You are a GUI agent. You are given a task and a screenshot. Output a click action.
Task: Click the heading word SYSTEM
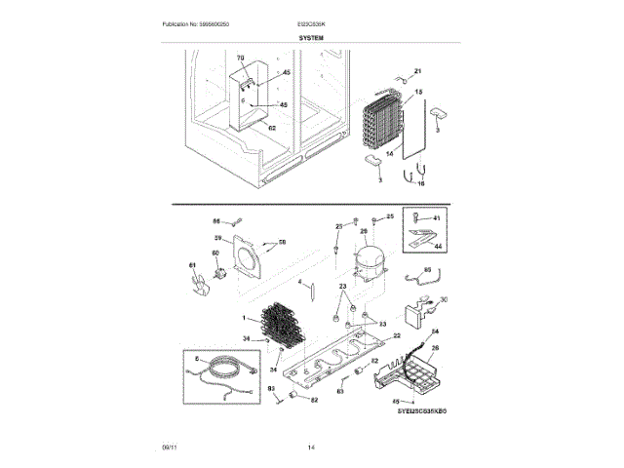point(311,35)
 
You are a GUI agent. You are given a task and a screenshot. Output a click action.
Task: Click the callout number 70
point(240,60)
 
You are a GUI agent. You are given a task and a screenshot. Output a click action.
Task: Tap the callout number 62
point(272,128)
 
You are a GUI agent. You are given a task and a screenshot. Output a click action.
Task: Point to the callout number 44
point(437,248)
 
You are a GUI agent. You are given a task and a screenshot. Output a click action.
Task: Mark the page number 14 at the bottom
point(311,448)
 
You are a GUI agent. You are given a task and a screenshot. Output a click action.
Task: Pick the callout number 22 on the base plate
point(397,334)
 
